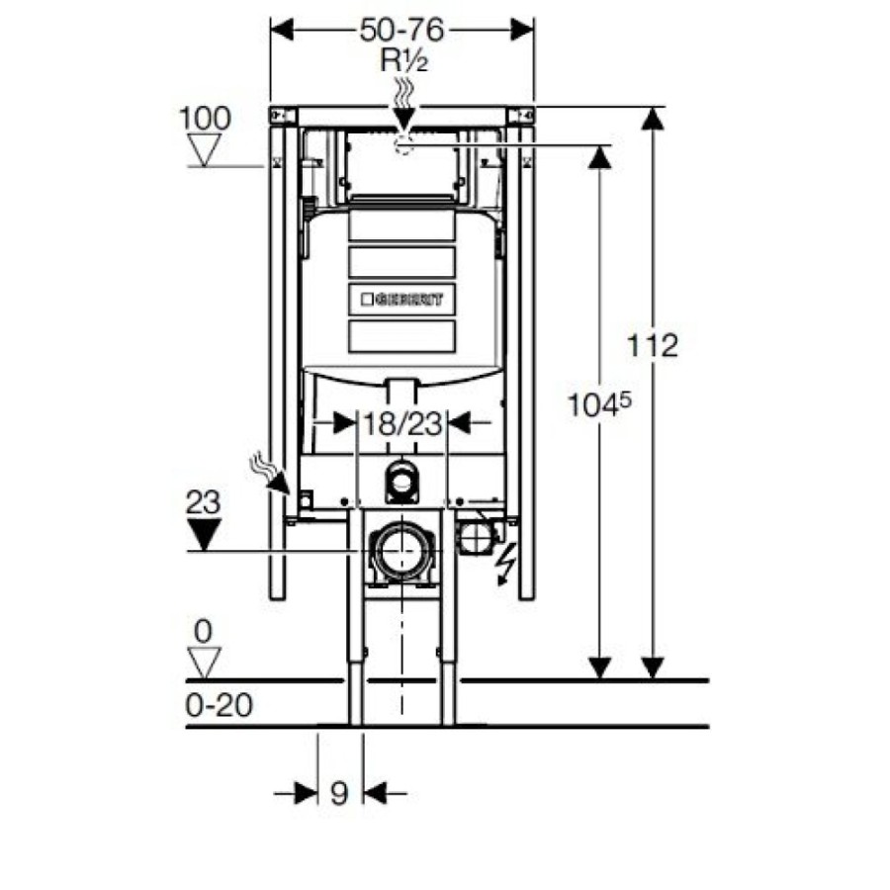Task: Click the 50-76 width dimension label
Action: tap(401, 30)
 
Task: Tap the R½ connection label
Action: tap(404, 60)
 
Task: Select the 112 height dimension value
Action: tap(653, 345)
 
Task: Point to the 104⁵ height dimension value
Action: tap(599, 405)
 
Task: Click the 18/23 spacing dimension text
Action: tap(402, 423)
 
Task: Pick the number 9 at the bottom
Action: tap(339, 793)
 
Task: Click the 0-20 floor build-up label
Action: tap(220, 705)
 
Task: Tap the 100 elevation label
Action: tap(205, 119)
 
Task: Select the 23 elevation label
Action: tap(203, 502)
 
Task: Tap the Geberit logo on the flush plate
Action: tap(402, 299)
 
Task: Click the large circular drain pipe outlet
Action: tap(402, 551)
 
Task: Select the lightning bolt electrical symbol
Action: tap(505, 563)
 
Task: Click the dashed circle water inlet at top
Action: tap(403, 146)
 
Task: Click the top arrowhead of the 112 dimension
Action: tap(653, 119)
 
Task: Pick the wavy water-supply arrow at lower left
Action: tap(270, 473)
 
